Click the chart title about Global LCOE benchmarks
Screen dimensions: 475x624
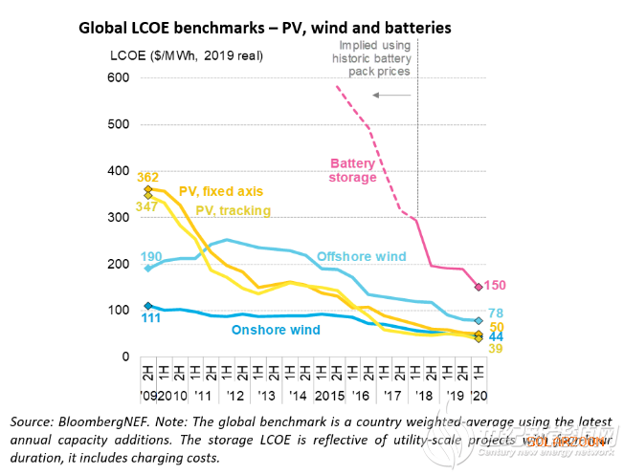pos(263,29)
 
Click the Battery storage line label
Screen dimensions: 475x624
pos(353,169)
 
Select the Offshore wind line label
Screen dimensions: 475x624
pos(363,257)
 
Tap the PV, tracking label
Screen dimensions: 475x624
pos(233,210)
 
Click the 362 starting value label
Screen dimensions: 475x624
pos(147,177)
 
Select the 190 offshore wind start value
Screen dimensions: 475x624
pos(150,256)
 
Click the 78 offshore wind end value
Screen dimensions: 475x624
pos(496,314)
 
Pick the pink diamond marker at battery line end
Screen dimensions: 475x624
pos(479,287)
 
